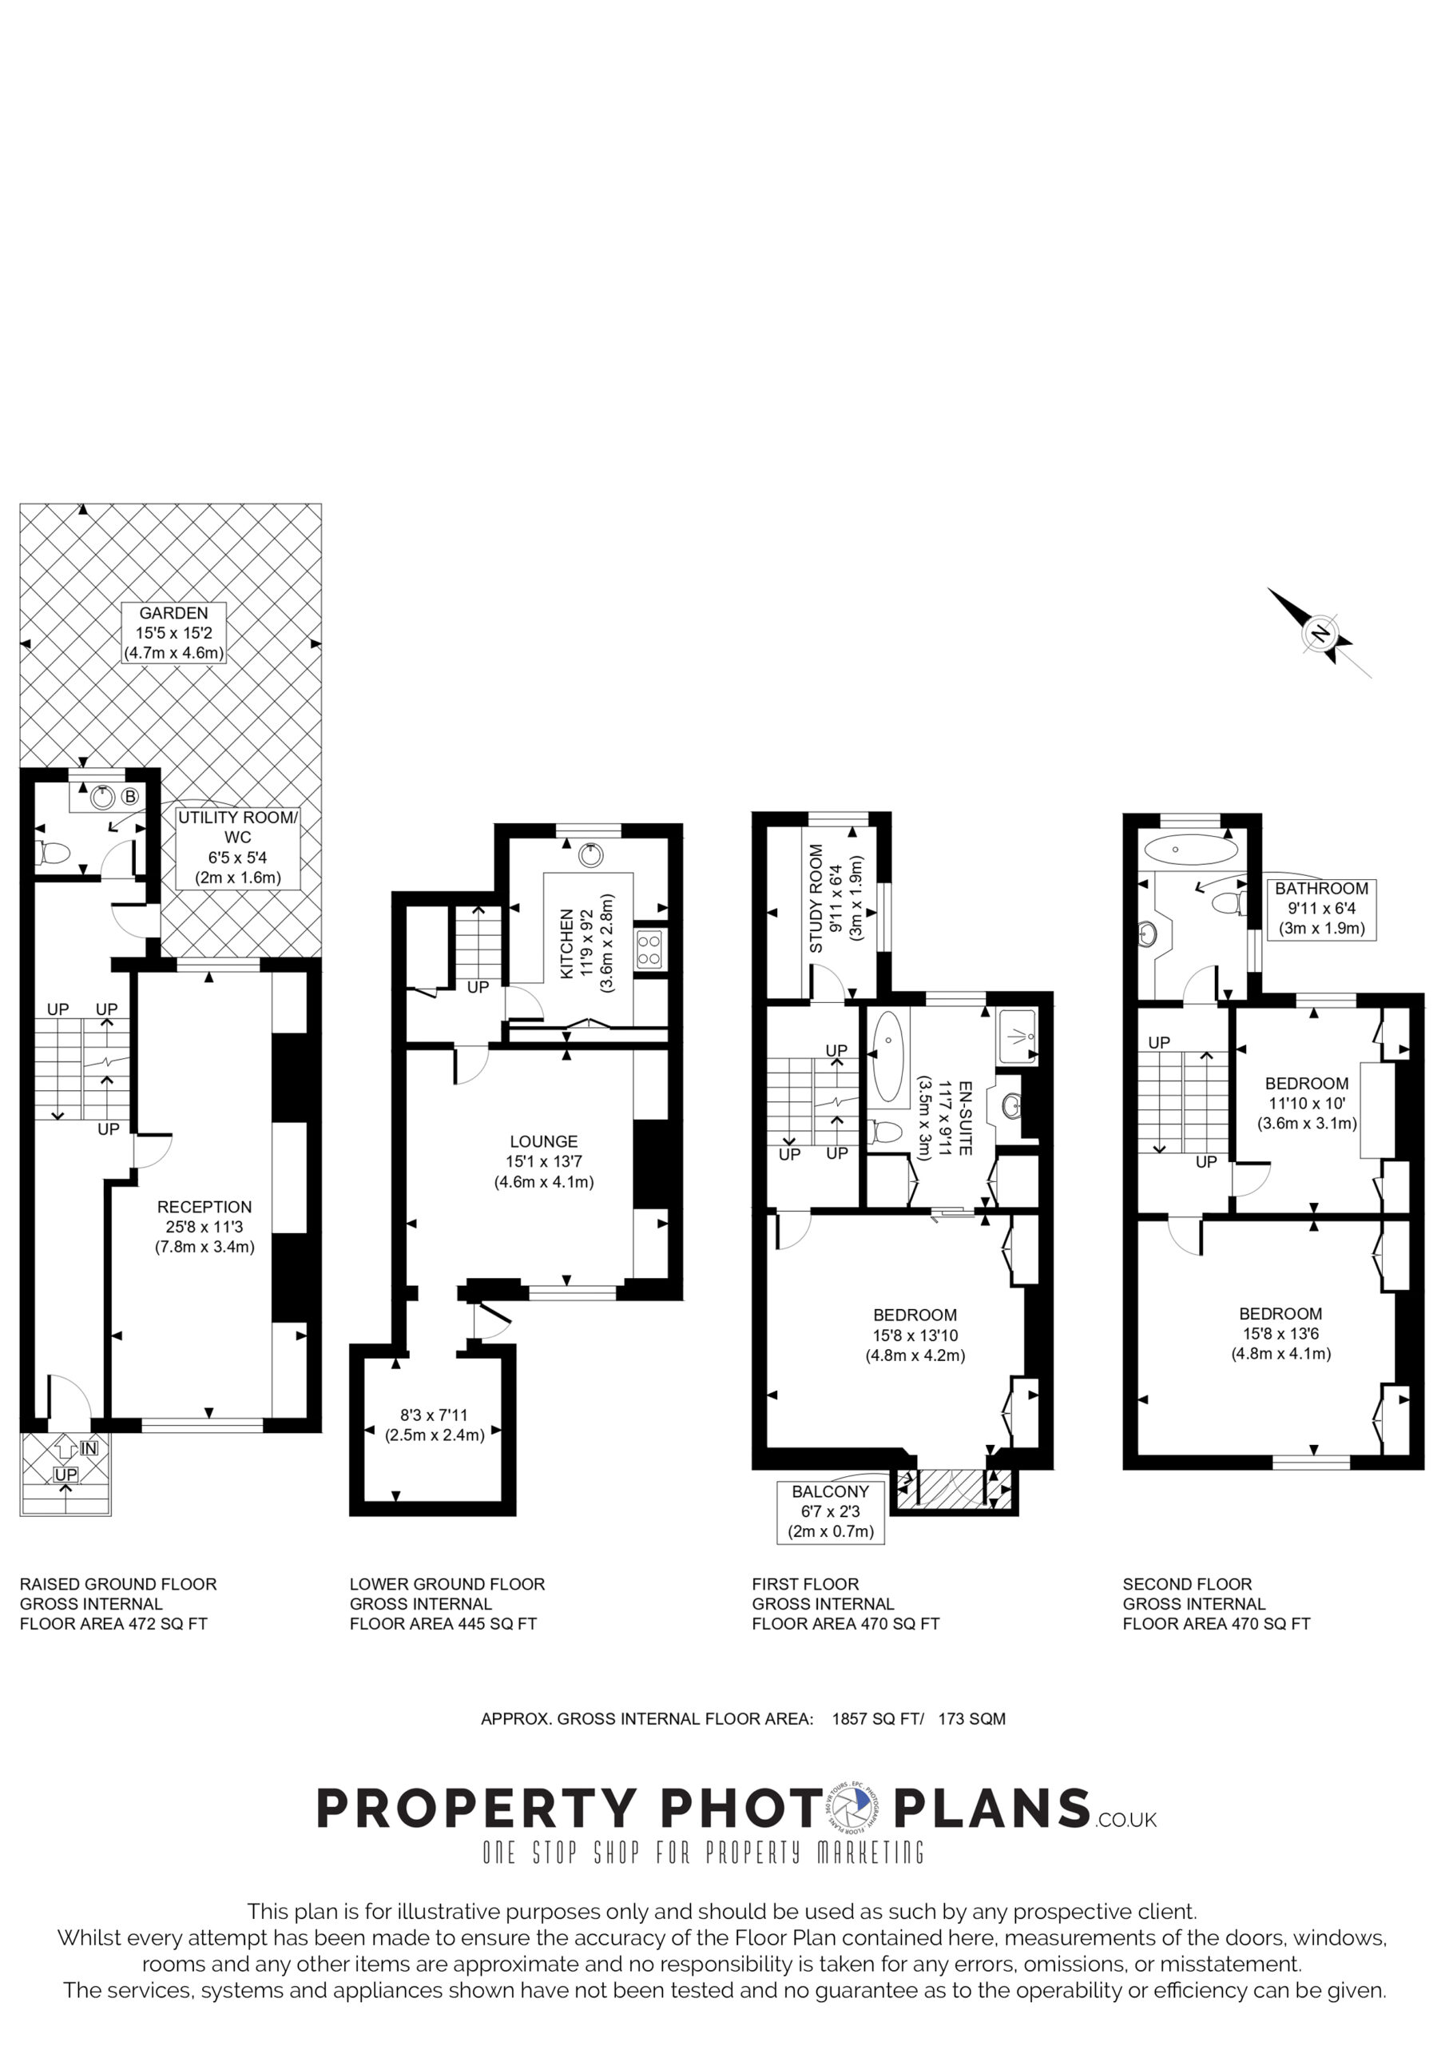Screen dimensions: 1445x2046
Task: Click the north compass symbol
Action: [x=1320, y=633]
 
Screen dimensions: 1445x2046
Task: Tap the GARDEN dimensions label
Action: [x=173, y=633]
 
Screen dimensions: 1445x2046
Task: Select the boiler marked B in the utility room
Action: [x=130, y=796]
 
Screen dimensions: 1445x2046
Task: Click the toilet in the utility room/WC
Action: [x=53, y=854]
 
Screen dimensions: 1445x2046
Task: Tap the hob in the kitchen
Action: [x=649, y=948]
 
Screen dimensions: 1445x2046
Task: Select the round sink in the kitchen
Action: [x=590, y=855]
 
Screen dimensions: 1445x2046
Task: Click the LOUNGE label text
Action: [x=543, y=1141]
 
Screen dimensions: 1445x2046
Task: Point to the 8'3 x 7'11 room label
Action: [x=435, y=1425]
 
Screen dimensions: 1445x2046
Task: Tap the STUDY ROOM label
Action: [x=816, y=898]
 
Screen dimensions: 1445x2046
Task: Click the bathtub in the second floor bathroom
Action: [x=1191, y=850]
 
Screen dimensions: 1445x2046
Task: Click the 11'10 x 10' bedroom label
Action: [x=1307, y=1103]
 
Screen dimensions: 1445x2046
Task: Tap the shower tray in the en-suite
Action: [x=1018, y=1037]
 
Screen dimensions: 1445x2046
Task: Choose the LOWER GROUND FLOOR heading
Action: [x=447, y=1583]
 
